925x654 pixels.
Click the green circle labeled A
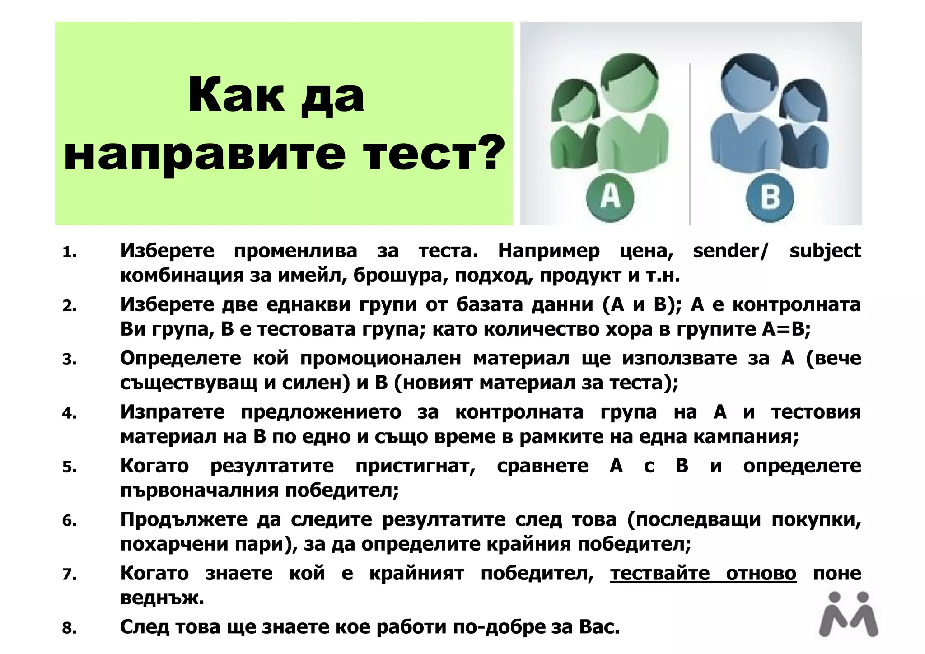[610, 197]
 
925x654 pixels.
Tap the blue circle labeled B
[770, 197]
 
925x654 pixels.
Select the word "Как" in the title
[236, 96]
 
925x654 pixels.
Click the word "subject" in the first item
[825, 251]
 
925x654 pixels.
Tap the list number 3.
[69, 360]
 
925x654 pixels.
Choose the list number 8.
[69, 628]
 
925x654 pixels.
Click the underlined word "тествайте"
[660, 574]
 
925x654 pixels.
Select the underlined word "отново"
[761, 574]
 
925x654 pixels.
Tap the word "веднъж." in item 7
[162, 598]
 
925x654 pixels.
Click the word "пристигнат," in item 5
[416, 466]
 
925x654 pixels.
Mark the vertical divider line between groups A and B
[690, 145]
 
